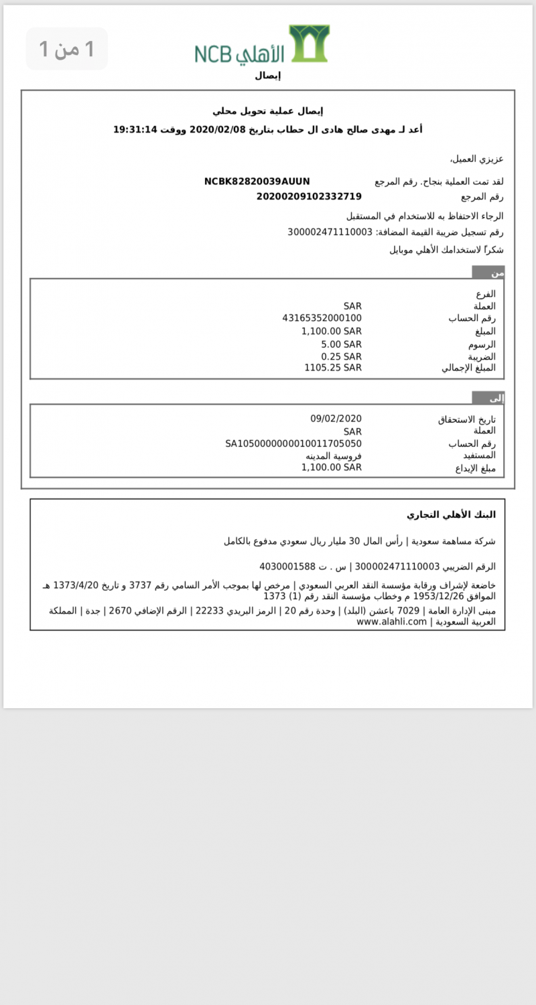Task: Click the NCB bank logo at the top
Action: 262,45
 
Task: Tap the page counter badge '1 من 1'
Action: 66,49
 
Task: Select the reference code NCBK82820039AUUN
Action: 257,182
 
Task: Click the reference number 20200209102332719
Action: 309,196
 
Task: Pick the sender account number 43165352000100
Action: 322,318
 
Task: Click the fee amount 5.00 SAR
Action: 341,344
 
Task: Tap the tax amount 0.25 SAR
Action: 341,356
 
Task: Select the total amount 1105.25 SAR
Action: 333,368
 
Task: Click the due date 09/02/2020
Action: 336,419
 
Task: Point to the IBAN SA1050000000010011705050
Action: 293,444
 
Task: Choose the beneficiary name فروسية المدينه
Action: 334,456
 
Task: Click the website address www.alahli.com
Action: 392,622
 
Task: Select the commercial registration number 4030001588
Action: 287,567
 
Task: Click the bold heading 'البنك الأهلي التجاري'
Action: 452,515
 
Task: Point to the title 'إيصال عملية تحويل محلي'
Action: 268,111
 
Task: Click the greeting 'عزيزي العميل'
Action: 476,159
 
